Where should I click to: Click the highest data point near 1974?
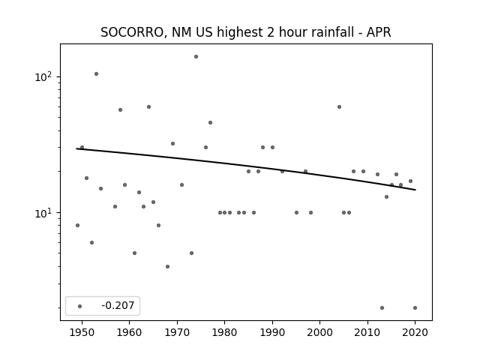196,57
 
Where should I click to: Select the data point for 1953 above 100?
96,73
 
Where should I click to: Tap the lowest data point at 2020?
415,308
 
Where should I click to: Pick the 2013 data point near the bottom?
382,308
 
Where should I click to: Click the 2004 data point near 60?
339,106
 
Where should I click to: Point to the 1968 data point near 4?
167,267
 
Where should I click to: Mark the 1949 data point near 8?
77,225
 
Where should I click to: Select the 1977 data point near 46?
210,123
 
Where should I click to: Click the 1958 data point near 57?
120,110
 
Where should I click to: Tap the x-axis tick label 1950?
82,332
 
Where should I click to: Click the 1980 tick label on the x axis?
224,332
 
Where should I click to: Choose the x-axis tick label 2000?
319,332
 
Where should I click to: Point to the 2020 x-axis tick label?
415,332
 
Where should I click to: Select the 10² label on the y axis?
43,76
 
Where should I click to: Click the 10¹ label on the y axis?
43,213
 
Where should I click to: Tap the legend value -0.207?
118,305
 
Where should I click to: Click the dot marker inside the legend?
80,306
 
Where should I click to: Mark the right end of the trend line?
415,190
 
